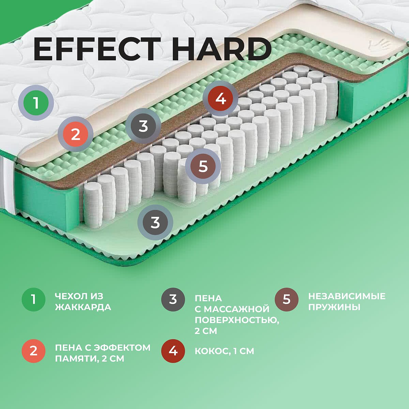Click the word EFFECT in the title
(x=97, y=49)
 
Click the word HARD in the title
(x=222, y=49)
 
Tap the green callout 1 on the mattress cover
(x=36, y=103)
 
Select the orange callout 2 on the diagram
(x=76, y=134)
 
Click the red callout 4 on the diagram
(x=221, y=99)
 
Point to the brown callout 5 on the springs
(x=203, y=166)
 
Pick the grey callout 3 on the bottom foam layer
(x=155, y=223)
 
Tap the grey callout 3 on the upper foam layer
(x=143, y=126)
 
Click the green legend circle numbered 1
(x=33, y=300)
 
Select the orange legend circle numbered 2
(x=33, y=351)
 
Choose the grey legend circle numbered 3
(x=173, y=300)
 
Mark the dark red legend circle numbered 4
(x=173, y=351)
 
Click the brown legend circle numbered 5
(x=287, y=300)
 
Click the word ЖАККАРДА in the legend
(x=83, y=307)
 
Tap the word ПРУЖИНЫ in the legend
(x=334, y=307)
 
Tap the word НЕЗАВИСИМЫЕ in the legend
(x=347, y=296)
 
